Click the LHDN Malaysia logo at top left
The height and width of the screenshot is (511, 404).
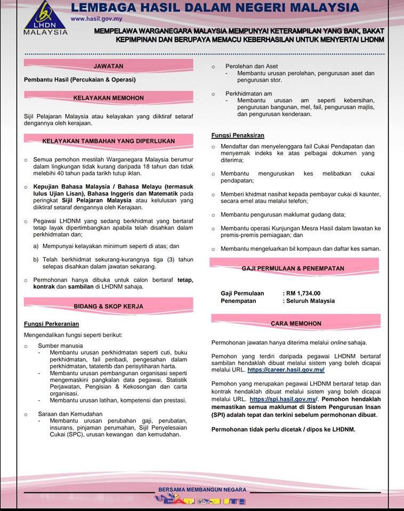click(46, 18)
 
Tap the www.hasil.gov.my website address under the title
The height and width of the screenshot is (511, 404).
click(94, 18)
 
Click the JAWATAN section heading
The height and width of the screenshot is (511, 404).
click(108, 66)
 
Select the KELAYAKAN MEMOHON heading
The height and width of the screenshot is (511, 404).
click(108, 98)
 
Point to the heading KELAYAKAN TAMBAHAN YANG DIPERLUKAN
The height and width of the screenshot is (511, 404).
click(108, 141)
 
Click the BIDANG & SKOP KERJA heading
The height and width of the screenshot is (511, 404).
click(108, 307)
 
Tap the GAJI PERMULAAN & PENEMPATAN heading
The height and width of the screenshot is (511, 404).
click(293, 268)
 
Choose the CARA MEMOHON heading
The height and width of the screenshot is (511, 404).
click(296, 323)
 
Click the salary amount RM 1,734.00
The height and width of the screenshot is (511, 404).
click(303, 293)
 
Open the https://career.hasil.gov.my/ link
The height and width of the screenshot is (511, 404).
click(286, 369)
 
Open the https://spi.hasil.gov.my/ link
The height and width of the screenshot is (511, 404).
click(283, 399)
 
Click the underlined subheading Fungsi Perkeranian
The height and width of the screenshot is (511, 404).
click(52, 324)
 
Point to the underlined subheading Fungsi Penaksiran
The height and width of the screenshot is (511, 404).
click(238, 135)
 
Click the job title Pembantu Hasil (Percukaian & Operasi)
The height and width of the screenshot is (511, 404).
click(80, 79)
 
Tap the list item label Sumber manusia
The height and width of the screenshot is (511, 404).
click(60, 345)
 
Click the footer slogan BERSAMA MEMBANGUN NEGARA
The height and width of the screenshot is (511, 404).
click(202, 490)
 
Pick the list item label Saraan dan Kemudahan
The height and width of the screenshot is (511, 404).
click(70, 414)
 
